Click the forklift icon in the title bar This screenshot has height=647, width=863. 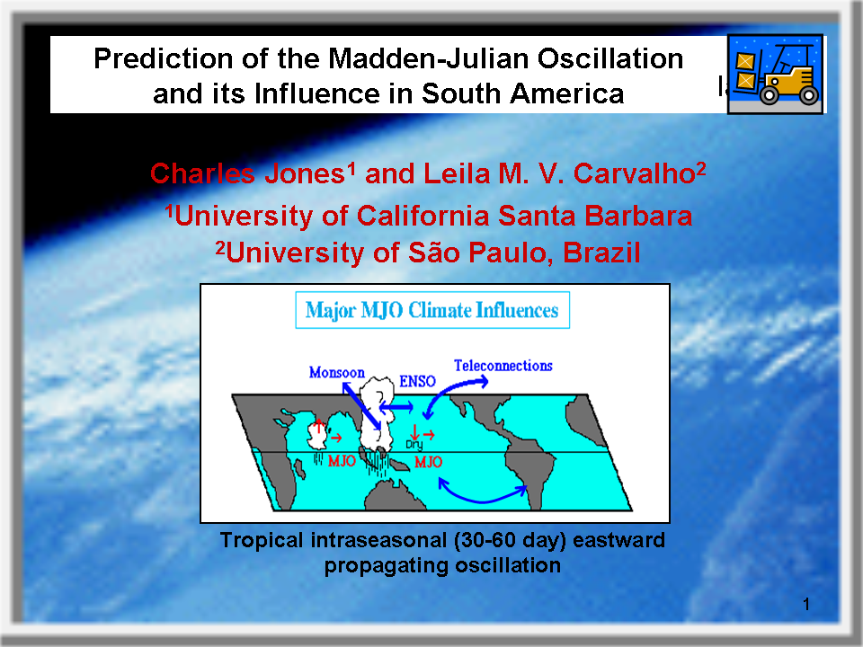[775, 75]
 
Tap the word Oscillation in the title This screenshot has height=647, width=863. [610, 58]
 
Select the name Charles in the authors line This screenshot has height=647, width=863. [202, 173]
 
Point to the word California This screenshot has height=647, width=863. [423, 216]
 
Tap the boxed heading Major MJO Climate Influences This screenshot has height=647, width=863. [432, 310]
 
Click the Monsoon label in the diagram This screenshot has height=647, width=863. [337, 372]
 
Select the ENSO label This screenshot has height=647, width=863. [417, 381]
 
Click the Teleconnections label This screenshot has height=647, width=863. [503, 366]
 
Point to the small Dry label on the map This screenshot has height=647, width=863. [414, 445]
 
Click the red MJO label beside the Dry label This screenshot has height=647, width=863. [428, 462]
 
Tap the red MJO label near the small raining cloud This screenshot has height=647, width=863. [342, 460]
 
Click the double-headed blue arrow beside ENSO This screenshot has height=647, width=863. [396, 407]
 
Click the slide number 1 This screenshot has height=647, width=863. [806, 605]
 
